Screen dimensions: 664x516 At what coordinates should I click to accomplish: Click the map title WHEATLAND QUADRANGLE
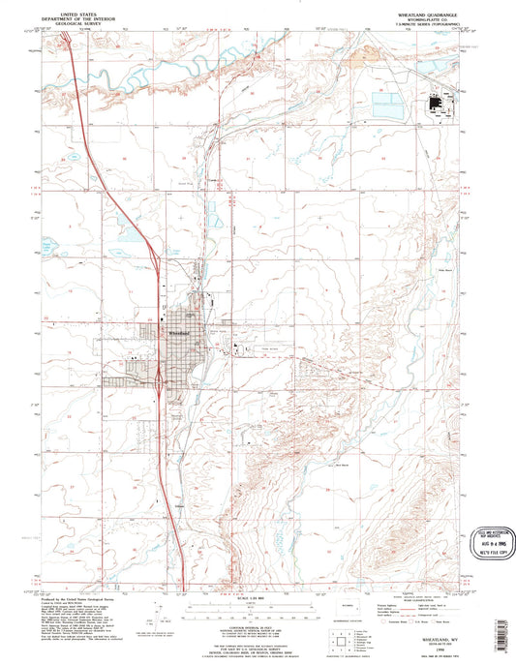[443, 15]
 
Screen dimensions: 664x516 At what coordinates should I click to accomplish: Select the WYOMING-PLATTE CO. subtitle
[443, 19]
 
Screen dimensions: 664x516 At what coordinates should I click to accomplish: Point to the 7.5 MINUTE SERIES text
[443, 24]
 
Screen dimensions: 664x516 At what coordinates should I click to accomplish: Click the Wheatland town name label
[180, 332]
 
